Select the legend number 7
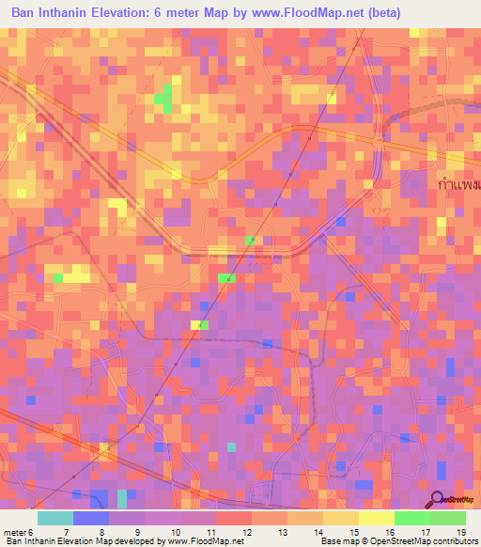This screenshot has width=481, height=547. coord(67,532)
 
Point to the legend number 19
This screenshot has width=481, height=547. coord(460,532)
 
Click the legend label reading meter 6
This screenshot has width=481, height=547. coord(19,532)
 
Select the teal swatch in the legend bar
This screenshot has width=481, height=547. coord(54,518)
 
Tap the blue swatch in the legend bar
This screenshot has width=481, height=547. coord(91,518)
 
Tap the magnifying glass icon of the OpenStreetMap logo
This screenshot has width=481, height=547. coord(438,498)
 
